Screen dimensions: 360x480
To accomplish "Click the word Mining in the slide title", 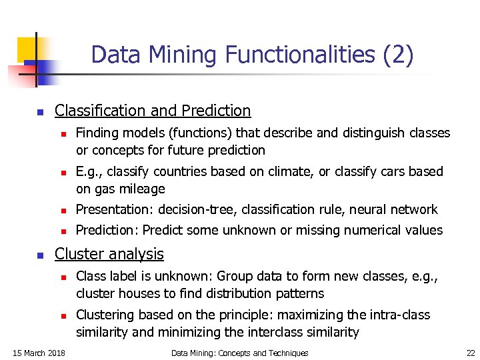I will pyautogui.click(x=175, y=55).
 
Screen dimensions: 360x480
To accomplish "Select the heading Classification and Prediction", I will pyautogui.click(x=153, y=111).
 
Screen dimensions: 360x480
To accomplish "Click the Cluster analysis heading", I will pyautogui.click(x=109, y=254).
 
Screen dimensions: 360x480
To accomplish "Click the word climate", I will pyautogui.click(x=289, y=171).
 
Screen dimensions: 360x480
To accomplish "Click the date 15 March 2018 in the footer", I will pyautogui.click(x=39, y=353).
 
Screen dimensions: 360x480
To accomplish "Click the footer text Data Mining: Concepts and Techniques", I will pyautogui.click(x=239, y=353).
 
